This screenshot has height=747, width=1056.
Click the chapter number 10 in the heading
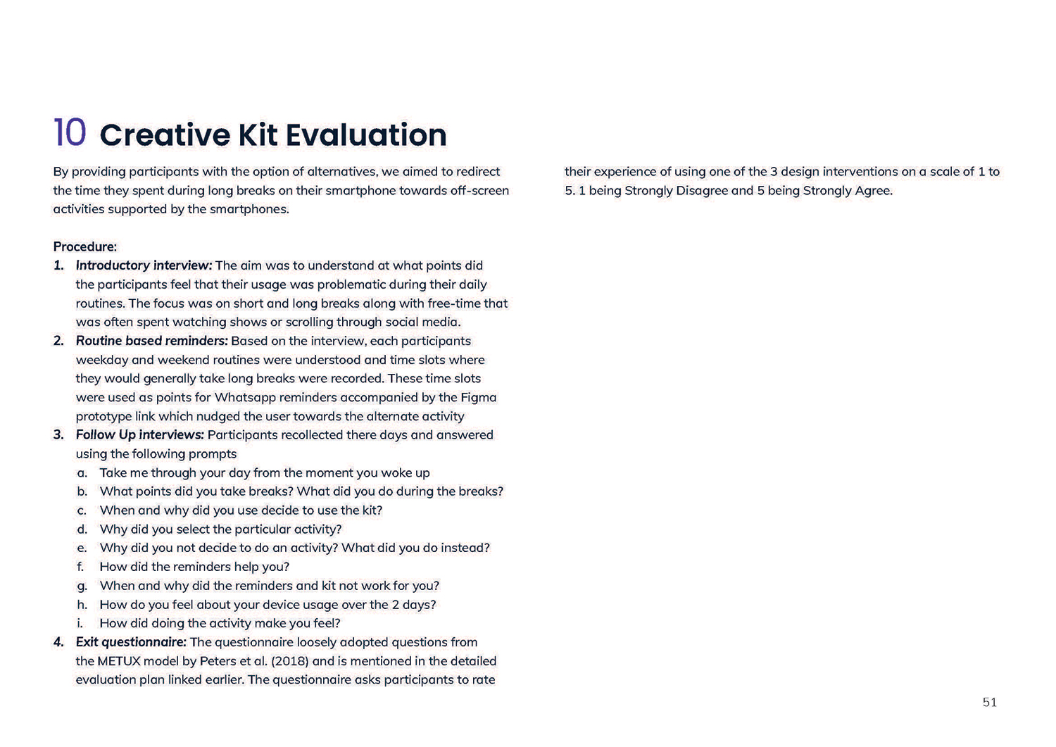click(70, 133)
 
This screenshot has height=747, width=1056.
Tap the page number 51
click(989, 702)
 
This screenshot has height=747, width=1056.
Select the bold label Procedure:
click(85, 247)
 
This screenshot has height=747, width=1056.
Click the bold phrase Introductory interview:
click(144, 265)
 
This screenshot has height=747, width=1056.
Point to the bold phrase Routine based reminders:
click(151, 341)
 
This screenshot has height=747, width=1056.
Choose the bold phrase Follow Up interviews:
click(139, 434)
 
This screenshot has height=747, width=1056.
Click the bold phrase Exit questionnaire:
click(131, 642)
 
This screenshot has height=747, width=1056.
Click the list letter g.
click(82, 586)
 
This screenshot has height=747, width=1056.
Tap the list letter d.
click(82, 529)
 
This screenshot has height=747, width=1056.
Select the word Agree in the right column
click(873, 190)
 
